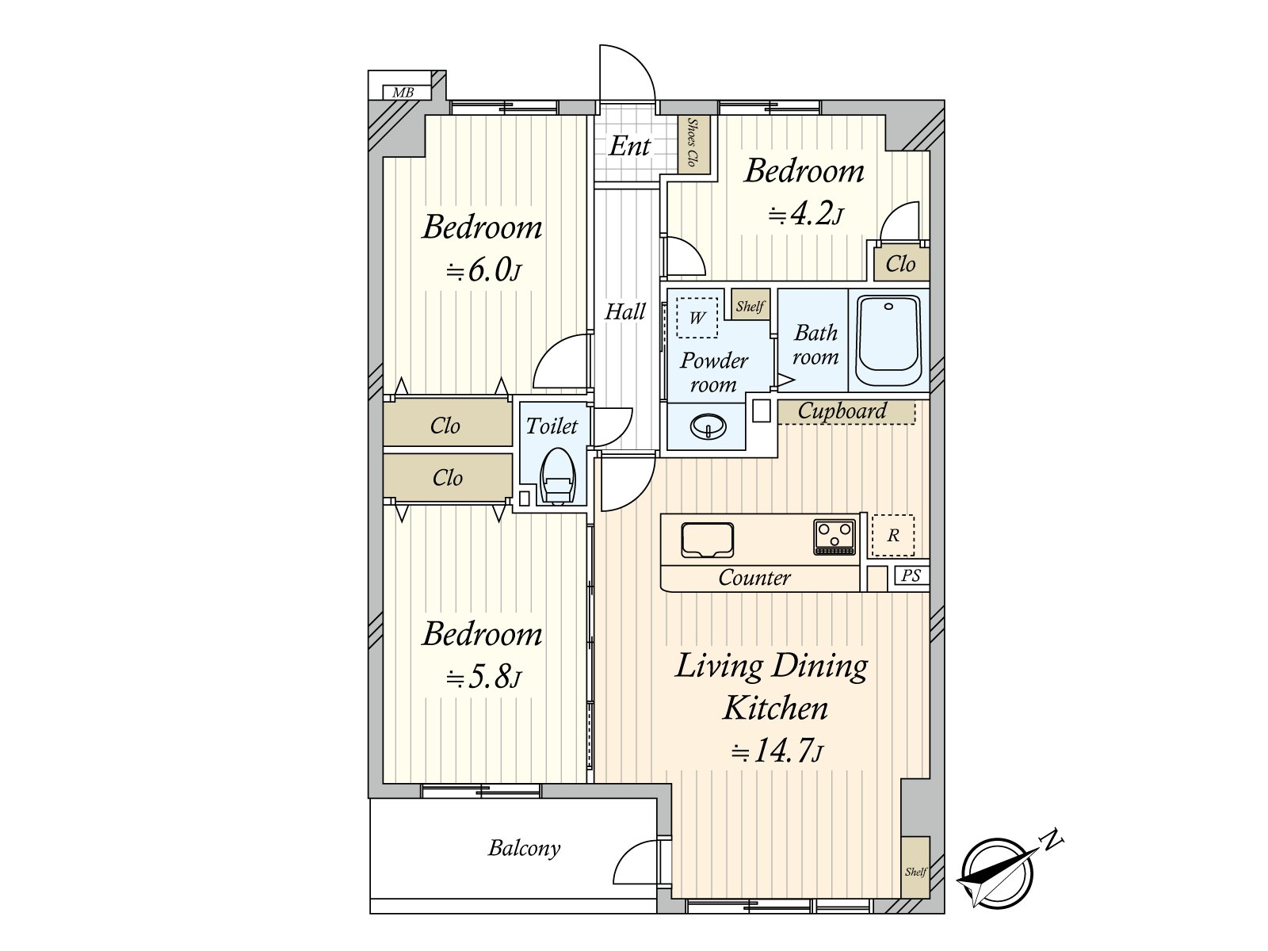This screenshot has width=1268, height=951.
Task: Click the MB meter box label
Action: point(403,93)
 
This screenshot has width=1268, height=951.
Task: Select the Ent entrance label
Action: point(629,146)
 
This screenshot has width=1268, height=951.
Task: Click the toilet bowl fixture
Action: point(557,475)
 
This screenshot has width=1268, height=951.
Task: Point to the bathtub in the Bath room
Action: point(888,340)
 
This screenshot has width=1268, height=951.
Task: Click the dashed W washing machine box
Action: point(697,318)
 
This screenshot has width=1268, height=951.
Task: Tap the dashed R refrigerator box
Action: point(893,535)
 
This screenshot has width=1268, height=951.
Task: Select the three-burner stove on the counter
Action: point(835,537)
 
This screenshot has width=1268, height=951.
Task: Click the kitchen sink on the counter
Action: point(707,540)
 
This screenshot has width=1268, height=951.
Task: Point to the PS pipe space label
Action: point(911,575)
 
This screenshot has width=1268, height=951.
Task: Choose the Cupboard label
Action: point(842,411)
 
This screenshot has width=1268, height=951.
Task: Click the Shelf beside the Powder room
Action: point(750,305)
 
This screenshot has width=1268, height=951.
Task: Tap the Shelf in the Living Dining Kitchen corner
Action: point(915,867)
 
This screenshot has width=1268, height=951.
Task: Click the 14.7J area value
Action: point(777,751)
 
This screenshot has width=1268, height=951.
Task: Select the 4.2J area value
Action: point(806,215)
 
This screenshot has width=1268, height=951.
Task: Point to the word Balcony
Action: point(524,848)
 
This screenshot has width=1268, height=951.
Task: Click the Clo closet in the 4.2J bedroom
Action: point(901,264)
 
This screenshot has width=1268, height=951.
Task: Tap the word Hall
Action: point(624,311)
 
